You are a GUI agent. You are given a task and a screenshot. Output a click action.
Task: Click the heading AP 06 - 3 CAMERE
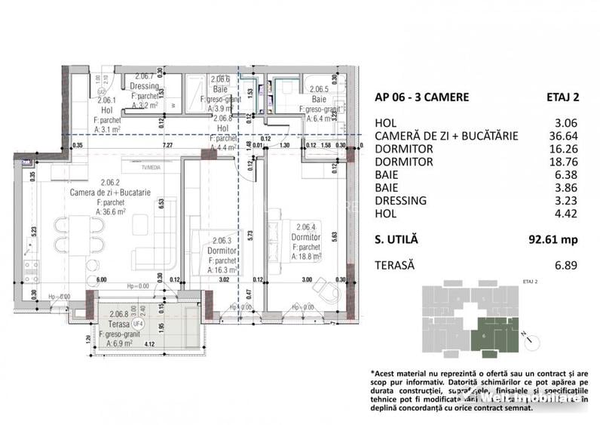(x=421, y=97)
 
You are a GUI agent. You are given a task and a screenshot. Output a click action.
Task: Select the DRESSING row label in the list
(x=400, y=201)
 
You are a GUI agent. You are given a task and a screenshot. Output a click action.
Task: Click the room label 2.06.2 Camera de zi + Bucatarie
(x=110, y=192)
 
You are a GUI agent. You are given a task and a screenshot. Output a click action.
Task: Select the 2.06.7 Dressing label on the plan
(x=145, y=86)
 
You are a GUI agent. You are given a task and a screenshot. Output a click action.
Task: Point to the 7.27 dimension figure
(x=167, y=145)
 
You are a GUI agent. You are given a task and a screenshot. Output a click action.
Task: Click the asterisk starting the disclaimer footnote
(x=373, y=372)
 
